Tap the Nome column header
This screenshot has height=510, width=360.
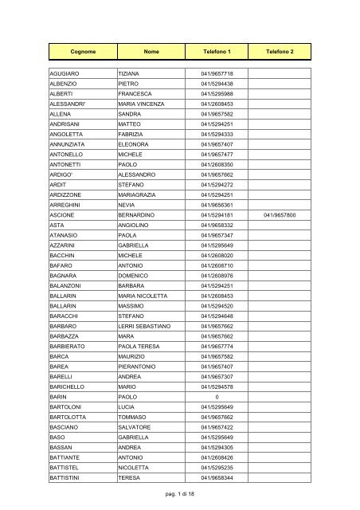coord(151,50)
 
